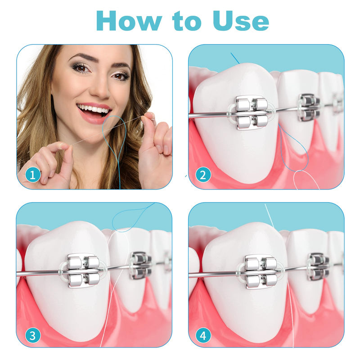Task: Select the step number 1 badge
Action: (32, 174)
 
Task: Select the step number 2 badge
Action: (203, 174)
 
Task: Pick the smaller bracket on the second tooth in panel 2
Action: (309, 107)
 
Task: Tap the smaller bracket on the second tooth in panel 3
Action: (141, 265)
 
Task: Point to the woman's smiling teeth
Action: (94, 109)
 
